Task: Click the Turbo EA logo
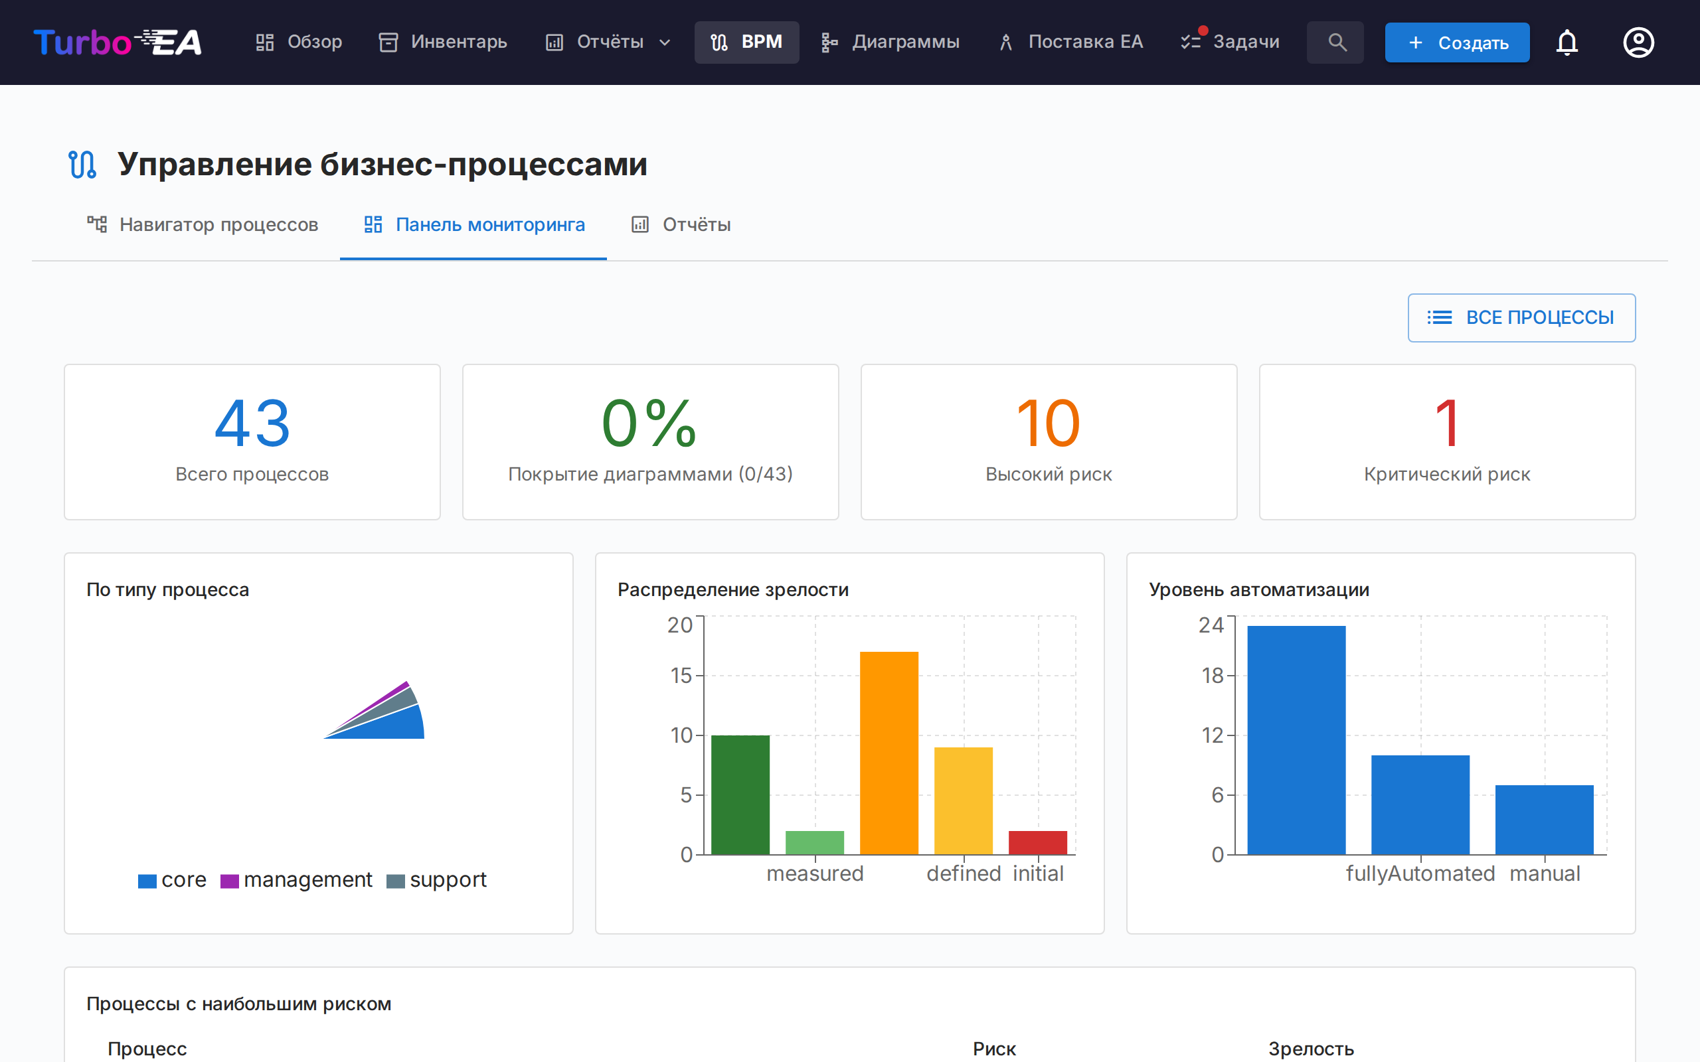(118, 42)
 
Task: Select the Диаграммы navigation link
(890, 42)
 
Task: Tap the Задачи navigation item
(1231, 42)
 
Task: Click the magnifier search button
(1335, 42)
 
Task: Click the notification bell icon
(1567, 42)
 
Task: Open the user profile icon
(1638, 42)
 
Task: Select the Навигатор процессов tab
(203, 225)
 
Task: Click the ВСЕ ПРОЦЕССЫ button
(1521, 317)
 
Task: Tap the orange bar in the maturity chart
(889, 752)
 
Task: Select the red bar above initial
(1037, 842)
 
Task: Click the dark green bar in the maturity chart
(740, 795)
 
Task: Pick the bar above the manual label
(1544, 819)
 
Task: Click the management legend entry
(296, 880)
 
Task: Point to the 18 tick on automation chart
(1213, 676)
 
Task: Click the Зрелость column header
(1311, 1049)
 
